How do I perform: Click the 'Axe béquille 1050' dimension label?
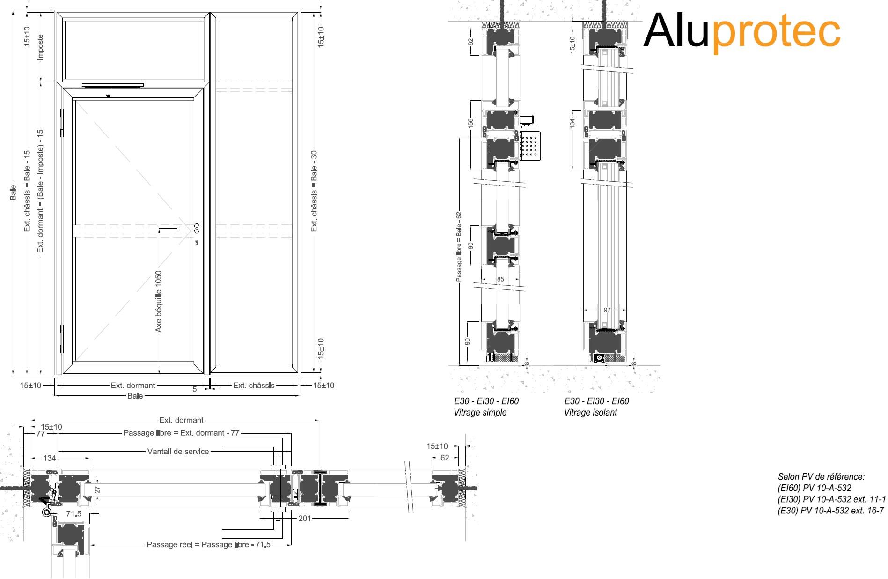coord(159,301)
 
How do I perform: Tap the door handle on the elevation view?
coord(190,228)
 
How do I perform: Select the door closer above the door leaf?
coord(112,86)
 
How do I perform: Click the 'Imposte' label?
coord(40,46)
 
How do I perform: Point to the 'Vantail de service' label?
coord(178,452)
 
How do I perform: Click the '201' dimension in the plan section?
coord(305,519)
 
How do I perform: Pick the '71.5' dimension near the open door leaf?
coord(73,514)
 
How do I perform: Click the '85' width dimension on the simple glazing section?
coord(500,279)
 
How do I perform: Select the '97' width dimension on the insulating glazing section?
coord(607,310)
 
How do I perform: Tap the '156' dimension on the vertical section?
coord(471,123)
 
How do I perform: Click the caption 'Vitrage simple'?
coord(480,413)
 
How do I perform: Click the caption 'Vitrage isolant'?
coord(590,413)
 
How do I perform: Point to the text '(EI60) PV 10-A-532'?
coord(814,488)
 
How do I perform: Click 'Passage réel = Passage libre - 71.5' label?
coord(208,545)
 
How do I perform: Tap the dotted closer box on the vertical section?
coord(530,145)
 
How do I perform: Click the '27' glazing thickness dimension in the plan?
coord(98,490)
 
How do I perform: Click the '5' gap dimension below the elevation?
coord(195,389)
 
